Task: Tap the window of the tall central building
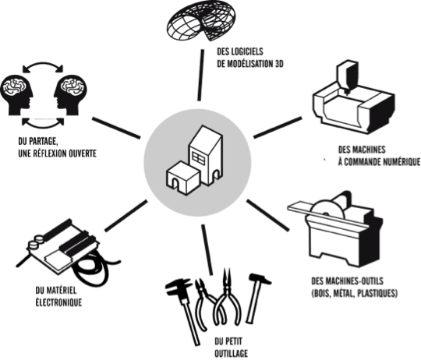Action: click(198, 159)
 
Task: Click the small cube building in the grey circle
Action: click(182, 178)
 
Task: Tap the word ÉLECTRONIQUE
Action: click(58, 302)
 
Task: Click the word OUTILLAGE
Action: click(232, 353)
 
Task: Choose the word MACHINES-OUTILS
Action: click(356, 281)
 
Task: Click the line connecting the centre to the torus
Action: click(200, 75)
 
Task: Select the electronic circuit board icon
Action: click(65, 248)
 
